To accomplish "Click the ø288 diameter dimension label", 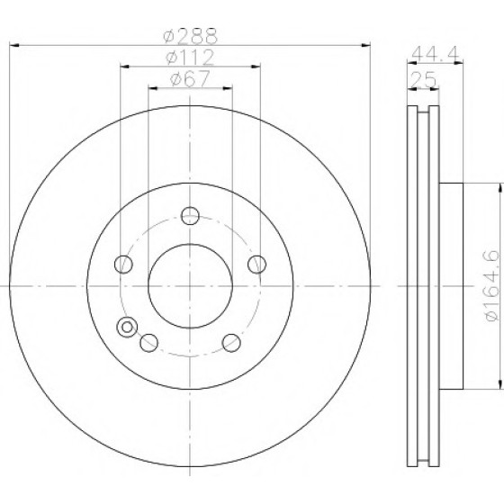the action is tap(190, 36).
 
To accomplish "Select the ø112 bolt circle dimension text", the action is tap(190, 58).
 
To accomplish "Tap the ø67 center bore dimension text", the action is tap(190, 78).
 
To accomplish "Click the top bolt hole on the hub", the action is tap(190, 216).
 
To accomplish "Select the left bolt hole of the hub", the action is tap(123, 265).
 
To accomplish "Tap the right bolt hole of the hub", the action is tap(256, 265).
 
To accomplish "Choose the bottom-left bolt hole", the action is tap(148, 343).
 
